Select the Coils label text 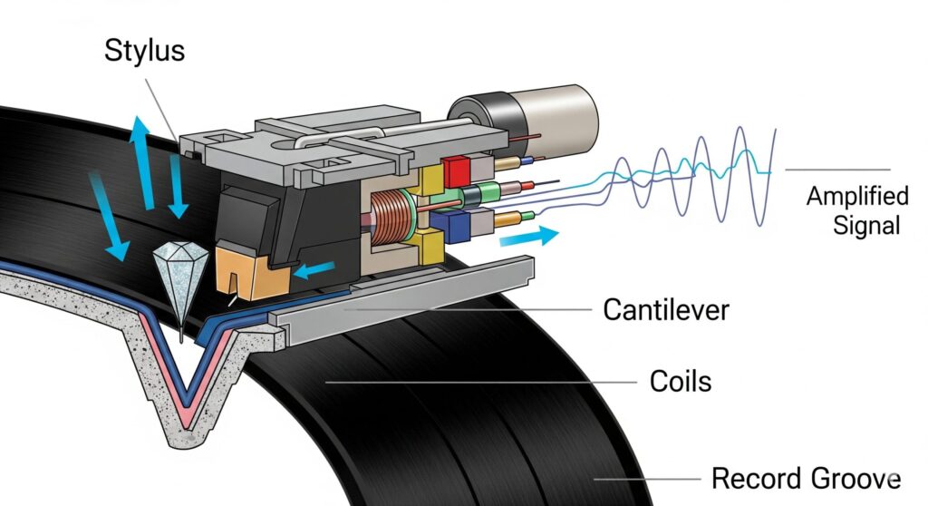pyautogui.click(x=681, y=381)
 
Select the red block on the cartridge pyautogui.click(x=455, y=170)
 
